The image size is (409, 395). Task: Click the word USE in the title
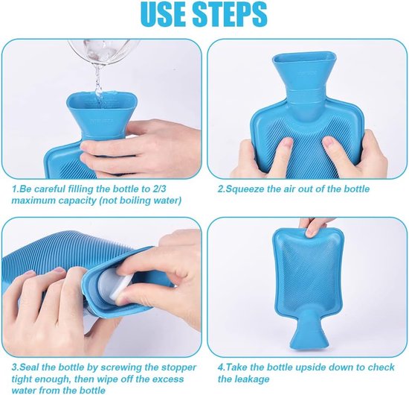pyautogui.click(x=171, y=16)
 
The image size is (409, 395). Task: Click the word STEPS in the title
pyautogui.click(x=234, y=16)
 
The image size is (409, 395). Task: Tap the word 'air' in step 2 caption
pyautogui.click(x=292, y=189)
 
